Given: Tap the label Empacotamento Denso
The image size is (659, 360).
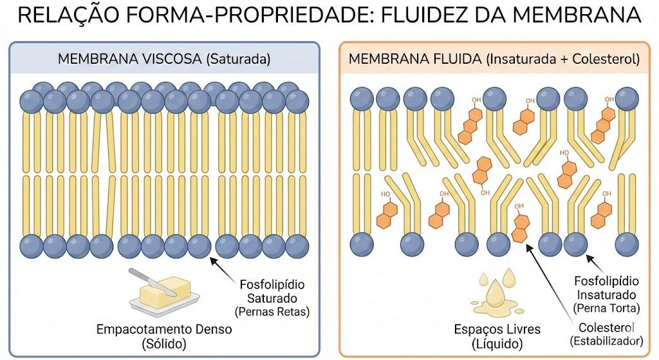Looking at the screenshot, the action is click(x=164, y=329).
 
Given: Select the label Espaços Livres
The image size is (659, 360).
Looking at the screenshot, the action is click(x=497, y=329).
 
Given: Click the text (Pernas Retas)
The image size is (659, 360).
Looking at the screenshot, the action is click(x=272, y=312).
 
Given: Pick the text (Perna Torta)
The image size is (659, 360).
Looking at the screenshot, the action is click(x=606, y=308).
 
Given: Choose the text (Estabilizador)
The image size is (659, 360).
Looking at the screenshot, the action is click(x=606, y=340).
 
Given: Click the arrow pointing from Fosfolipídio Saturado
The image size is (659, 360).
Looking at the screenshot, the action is click(x=222, y=269).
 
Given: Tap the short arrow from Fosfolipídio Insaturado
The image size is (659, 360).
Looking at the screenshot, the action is click(x=595, y=264).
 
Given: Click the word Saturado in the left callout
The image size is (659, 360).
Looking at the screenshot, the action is click(x=272, y=298).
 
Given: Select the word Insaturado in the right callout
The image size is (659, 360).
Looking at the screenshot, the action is click(x=606, y=294).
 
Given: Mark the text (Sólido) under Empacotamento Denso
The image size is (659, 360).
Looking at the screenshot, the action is click(x=164, y=344).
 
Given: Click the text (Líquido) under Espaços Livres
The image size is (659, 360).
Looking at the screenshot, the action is click(x=497, y=344).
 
